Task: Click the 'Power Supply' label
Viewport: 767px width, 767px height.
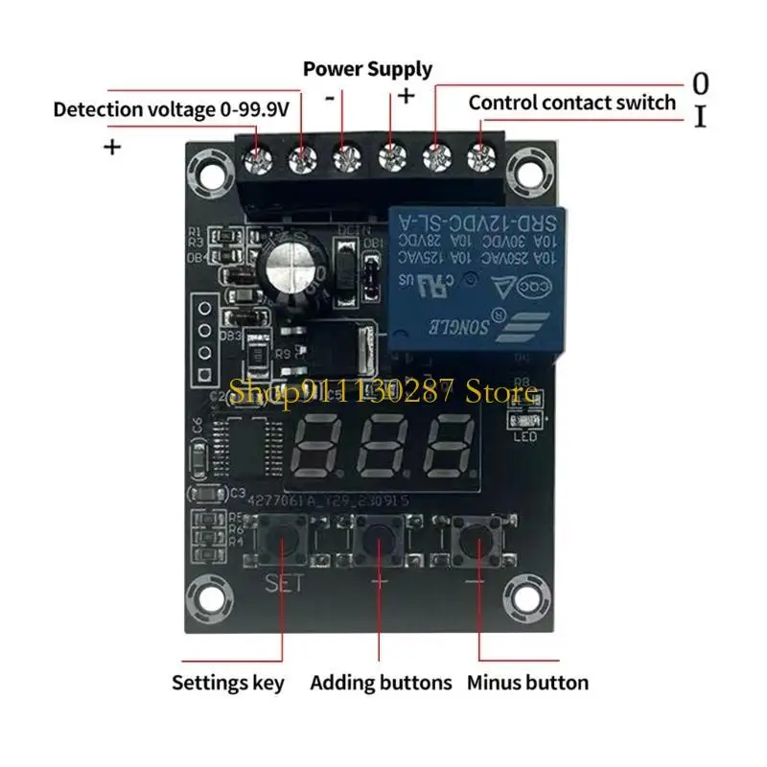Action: pyautogui.click(x=367, y=70)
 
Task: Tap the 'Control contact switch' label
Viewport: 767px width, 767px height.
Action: pyautogui.click(x=572, y=103)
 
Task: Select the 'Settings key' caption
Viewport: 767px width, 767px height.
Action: pyautogui.click(x=227, y=684)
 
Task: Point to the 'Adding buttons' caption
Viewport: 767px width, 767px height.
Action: pyautogui.click(x=381, y=684)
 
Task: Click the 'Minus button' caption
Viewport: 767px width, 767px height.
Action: pyautogui.click(x=527, y=684)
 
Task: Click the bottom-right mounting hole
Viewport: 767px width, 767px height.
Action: pyautogui.click(x=526, y=595)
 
